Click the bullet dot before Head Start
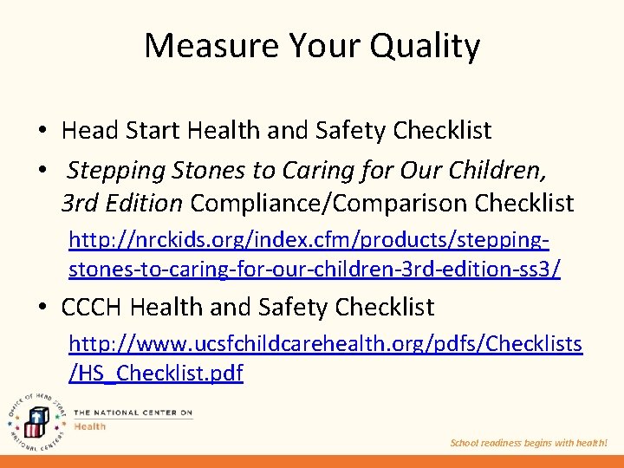pyautogui.click(x=41, y=132)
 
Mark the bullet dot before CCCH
pyautogui.click(x=41, y=308)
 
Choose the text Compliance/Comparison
pyautogui.click(x=326, y=204)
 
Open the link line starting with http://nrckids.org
pyautogui.click(x=309, y=239)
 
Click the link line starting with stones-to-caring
pyautogui.click(x=314, y=270)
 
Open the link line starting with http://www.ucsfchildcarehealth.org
pyautogui.click(x=325, y=344)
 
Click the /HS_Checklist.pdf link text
pyautogui.click(x=156, y=374)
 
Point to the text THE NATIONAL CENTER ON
pyautogui.click(x=133, y=413)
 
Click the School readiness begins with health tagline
pyautogui.click(x=529, y=443)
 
